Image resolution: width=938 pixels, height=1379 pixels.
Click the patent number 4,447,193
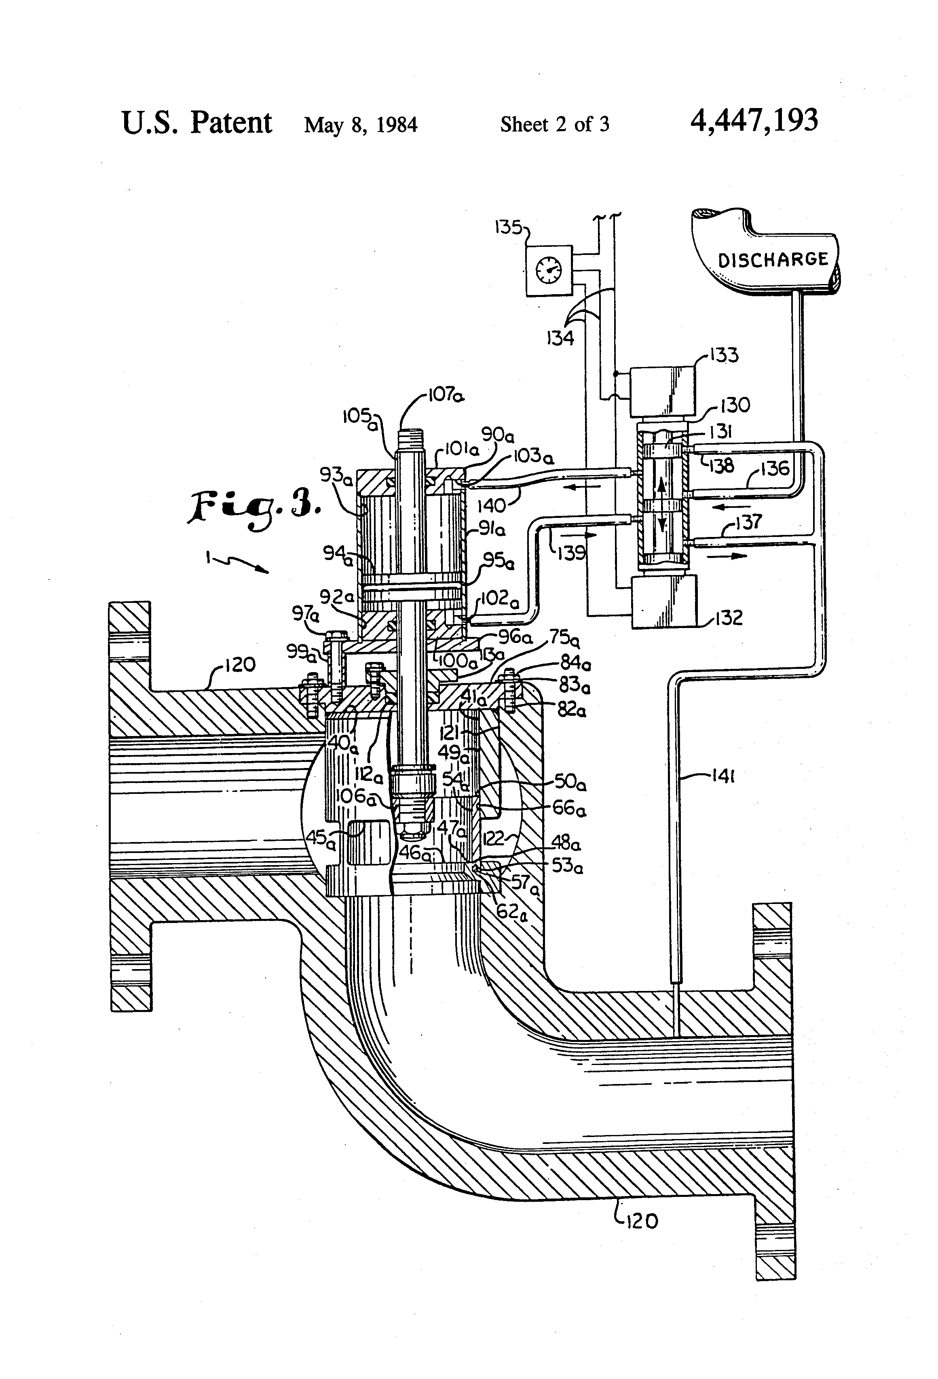pyautogui.click(x=754, y=121)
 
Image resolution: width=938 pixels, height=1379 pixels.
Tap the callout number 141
pyautogui.click(x=723, y=776)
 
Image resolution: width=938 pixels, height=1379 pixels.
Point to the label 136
pyautogui.click(x=775, y=469)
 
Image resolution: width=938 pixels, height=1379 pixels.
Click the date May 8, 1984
pyautogui.click(x=361, y=125)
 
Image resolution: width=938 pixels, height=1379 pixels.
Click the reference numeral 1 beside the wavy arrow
pyautogui.click(x=209, y=557)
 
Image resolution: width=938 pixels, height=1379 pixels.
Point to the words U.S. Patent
pyautogui.click(x=196, y=123)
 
